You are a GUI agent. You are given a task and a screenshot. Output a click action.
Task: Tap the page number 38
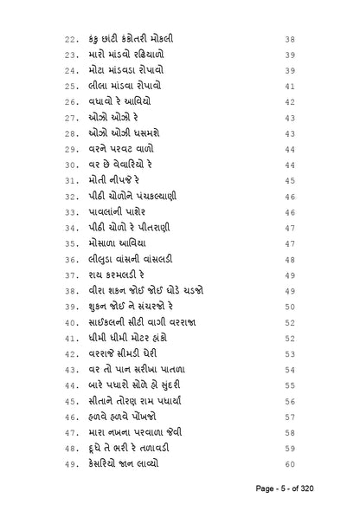(x=290, y=40)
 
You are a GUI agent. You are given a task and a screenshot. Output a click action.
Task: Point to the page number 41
(x=290, y=87)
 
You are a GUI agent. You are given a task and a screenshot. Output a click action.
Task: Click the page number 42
(x=290, y=102)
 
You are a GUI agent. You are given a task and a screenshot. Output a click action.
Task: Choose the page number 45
(x=290, y=180)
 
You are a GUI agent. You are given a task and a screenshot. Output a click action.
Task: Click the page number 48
(x=290, y=258)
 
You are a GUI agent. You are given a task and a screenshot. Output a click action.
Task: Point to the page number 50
(x=290, y=305)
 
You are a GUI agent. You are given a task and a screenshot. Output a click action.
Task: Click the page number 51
(x=290, y=320)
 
